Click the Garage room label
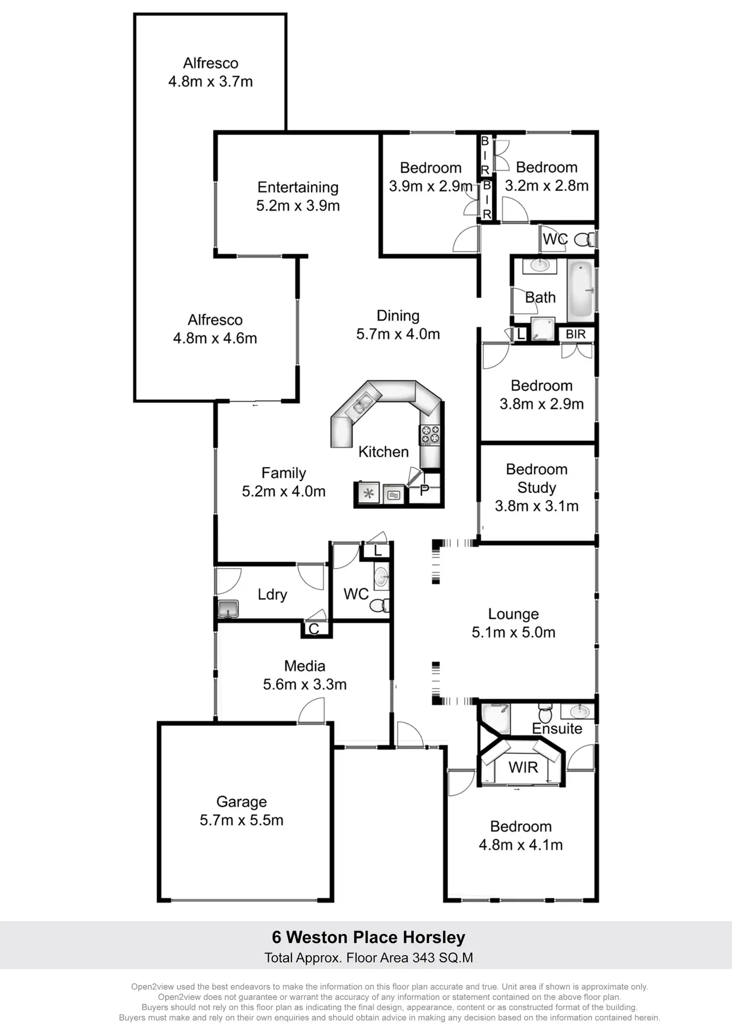coord(242,802)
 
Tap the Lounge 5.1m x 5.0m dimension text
coord(514,632)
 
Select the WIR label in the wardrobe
coord(523,767)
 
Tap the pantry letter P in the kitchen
coord(424,490)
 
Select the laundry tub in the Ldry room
coord(228,608)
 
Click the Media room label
coord(305,666)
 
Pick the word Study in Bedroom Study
coord(537,488)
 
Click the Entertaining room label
coord(298,187)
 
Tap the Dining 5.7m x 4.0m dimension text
coord(398,334)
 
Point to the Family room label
coord(283,473)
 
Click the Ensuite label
coord(557,728)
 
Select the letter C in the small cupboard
coord(314,629)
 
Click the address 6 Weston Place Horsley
coord(368,937)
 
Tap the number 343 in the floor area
coord(424,957)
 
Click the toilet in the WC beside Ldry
coord(380,605)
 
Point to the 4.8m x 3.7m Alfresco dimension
coord(210,82)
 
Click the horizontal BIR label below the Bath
coord(575,334)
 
